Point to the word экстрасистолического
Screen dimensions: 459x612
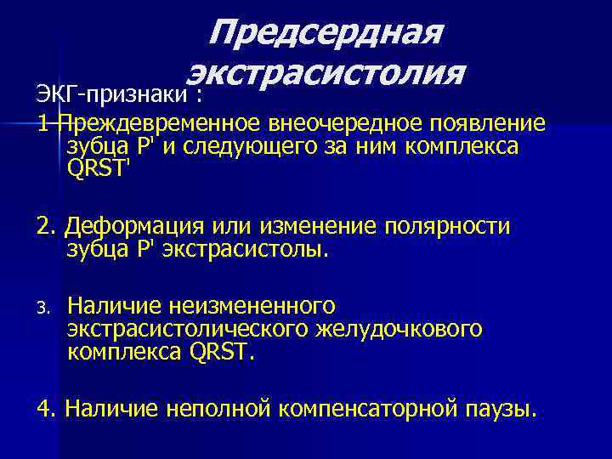tap(183, 328)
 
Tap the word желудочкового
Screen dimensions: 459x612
tap(411, 328)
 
